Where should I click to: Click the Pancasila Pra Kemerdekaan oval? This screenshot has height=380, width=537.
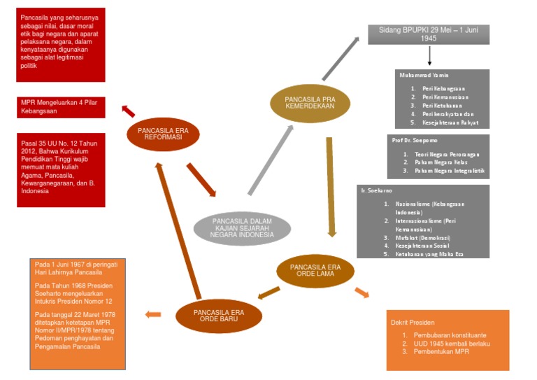pyautogui.click(x=310, y=103)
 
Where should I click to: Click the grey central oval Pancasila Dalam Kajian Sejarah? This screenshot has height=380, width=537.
pyautogui.click(x=242, y=227)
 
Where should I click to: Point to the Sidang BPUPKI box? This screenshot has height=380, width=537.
pyautogui.click(x=429, y=34)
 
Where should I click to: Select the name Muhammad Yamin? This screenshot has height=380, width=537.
pyautogui.click(x=424, y=74)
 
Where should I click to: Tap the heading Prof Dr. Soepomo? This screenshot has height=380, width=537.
pyautogui.click(x=415, y=140)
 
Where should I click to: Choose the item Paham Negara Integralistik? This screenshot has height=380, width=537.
pyautogui.click(x=449, y=170)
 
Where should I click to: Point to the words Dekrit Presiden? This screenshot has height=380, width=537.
pyautogui.click(x=413, y=323)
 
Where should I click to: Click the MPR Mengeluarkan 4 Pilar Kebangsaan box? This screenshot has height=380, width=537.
pyautogui.click(x=61, y=106)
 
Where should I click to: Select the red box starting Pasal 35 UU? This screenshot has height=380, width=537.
pyautogui.click(x=61, y=169)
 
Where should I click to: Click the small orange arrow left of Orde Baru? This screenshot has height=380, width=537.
pyautogui.click(x=152, y=314)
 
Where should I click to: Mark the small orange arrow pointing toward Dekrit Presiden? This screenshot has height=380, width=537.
pyautogui.click(x=362, y=292)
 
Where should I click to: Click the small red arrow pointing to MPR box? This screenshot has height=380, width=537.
pyautogui.click(x=129, y=111)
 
